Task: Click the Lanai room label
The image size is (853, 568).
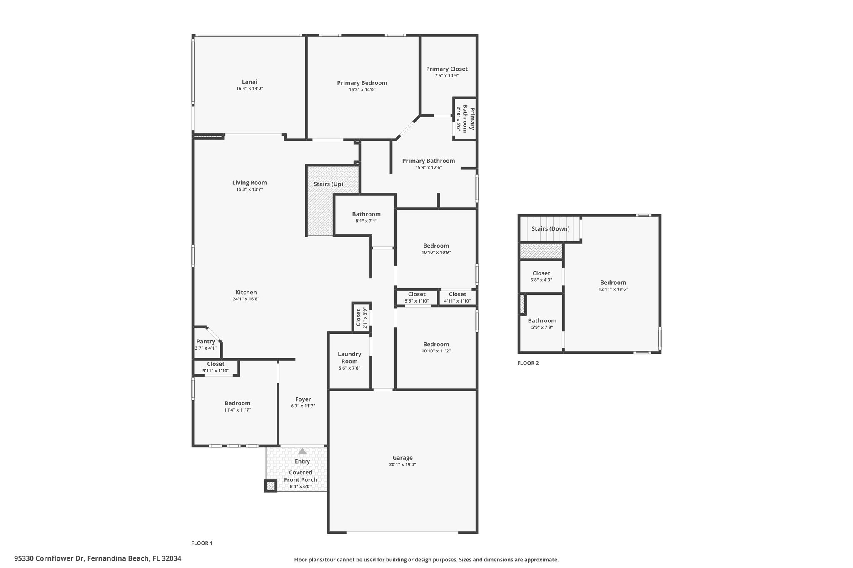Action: [249, 82]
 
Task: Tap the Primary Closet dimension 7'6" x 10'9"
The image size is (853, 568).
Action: [446, 76]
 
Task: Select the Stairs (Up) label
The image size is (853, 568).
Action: [329, 184]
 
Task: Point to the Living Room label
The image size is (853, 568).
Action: [249, 183]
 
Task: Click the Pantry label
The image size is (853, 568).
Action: [206, 342]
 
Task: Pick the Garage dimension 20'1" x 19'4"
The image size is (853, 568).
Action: [402, 464]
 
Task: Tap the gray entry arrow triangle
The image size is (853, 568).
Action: [302, 451]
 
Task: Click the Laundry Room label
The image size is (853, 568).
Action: [349, 358]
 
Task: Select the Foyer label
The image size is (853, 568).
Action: [303, 399]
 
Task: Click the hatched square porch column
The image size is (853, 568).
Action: [271, 486]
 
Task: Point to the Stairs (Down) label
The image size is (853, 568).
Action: [551, 229]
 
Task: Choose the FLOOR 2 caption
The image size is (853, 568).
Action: [528, 363]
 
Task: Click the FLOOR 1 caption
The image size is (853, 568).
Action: [202, 543]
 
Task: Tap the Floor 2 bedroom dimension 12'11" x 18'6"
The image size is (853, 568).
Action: [613, 289]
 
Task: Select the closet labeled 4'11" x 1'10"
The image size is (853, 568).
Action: [457, 298]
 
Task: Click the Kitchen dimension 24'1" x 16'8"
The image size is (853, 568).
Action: [246, 299]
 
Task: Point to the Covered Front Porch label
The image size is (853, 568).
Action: [301, 476]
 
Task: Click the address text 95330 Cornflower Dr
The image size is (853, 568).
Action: [50, 558]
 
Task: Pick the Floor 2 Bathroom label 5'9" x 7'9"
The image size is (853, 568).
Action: [542, 324]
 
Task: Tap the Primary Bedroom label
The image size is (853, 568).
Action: [362, 83]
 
